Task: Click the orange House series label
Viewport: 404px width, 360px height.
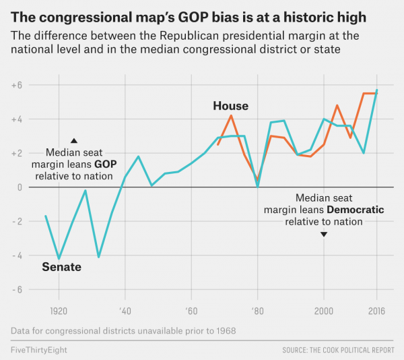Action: point(230,106)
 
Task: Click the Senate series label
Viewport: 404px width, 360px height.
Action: point(61,267)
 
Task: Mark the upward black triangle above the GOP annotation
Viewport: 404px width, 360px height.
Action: point(74,140)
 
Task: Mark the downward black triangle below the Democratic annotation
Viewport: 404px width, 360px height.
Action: point(324,234)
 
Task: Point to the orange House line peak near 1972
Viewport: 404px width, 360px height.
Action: point(231,115)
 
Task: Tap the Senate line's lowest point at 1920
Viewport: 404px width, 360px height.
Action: point(59,258)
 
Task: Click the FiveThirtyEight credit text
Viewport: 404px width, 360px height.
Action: point(39,351)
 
